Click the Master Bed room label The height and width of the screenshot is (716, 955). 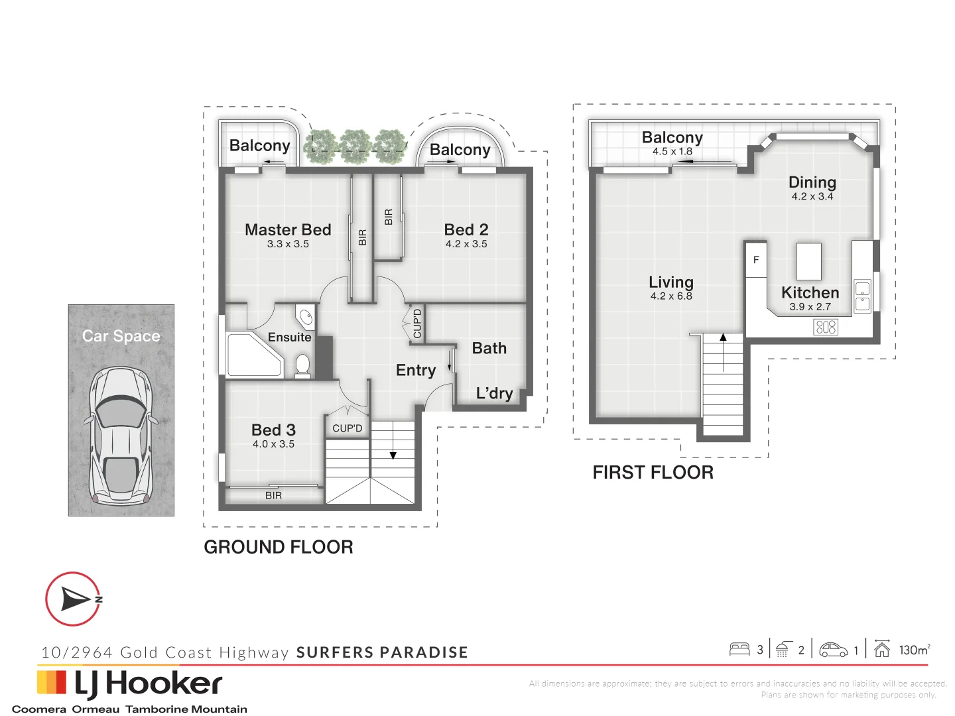pyautogui.click(x=288, y=229)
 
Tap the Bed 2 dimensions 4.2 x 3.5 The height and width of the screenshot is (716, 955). pyautogui.click(x=466, y=244)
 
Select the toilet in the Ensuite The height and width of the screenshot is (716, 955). pyautogui.click(x=302, y=365)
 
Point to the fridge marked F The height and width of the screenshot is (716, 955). pyautogui.click(x=756, y=260)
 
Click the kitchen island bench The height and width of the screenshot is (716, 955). pyautogui.click(x=809, y=261)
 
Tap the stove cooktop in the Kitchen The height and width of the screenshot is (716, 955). pyautogui.click(x=826, y=327)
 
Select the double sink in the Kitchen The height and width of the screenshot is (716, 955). pyautogui.click(x=862, y=296)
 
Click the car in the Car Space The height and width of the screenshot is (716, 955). pyautogui.click(x=121, y=435)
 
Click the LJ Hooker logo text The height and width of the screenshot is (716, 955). pyautogui.click(x=149, y=684)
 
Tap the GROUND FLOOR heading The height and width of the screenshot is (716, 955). pyautogui.click(x=279, y=547)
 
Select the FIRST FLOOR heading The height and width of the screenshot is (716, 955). pyautogui.click(x=653, y=472)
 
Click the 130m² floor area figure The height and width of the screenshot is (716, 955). pyautogui.click(x=915, y=650)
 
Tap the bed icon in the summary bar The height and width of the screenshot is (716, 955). pyautogui.click(x=739, y=650)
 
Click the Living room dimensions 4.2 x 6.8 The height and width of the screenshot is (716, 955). pyautogui.click(x=671, y=296)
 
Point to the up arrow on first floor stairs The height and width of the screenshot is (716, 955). pyautogui.click(x=723, y=353)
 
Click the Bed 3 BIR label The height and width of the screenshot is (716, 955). pyautogui.click(x=273, y=495)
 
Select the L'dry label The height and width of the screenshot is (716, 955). pyautogui.click(x=494, y=393)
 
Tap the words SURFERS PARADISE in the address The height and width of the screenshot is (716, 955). pyautogui.click(x=382, y=652)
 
